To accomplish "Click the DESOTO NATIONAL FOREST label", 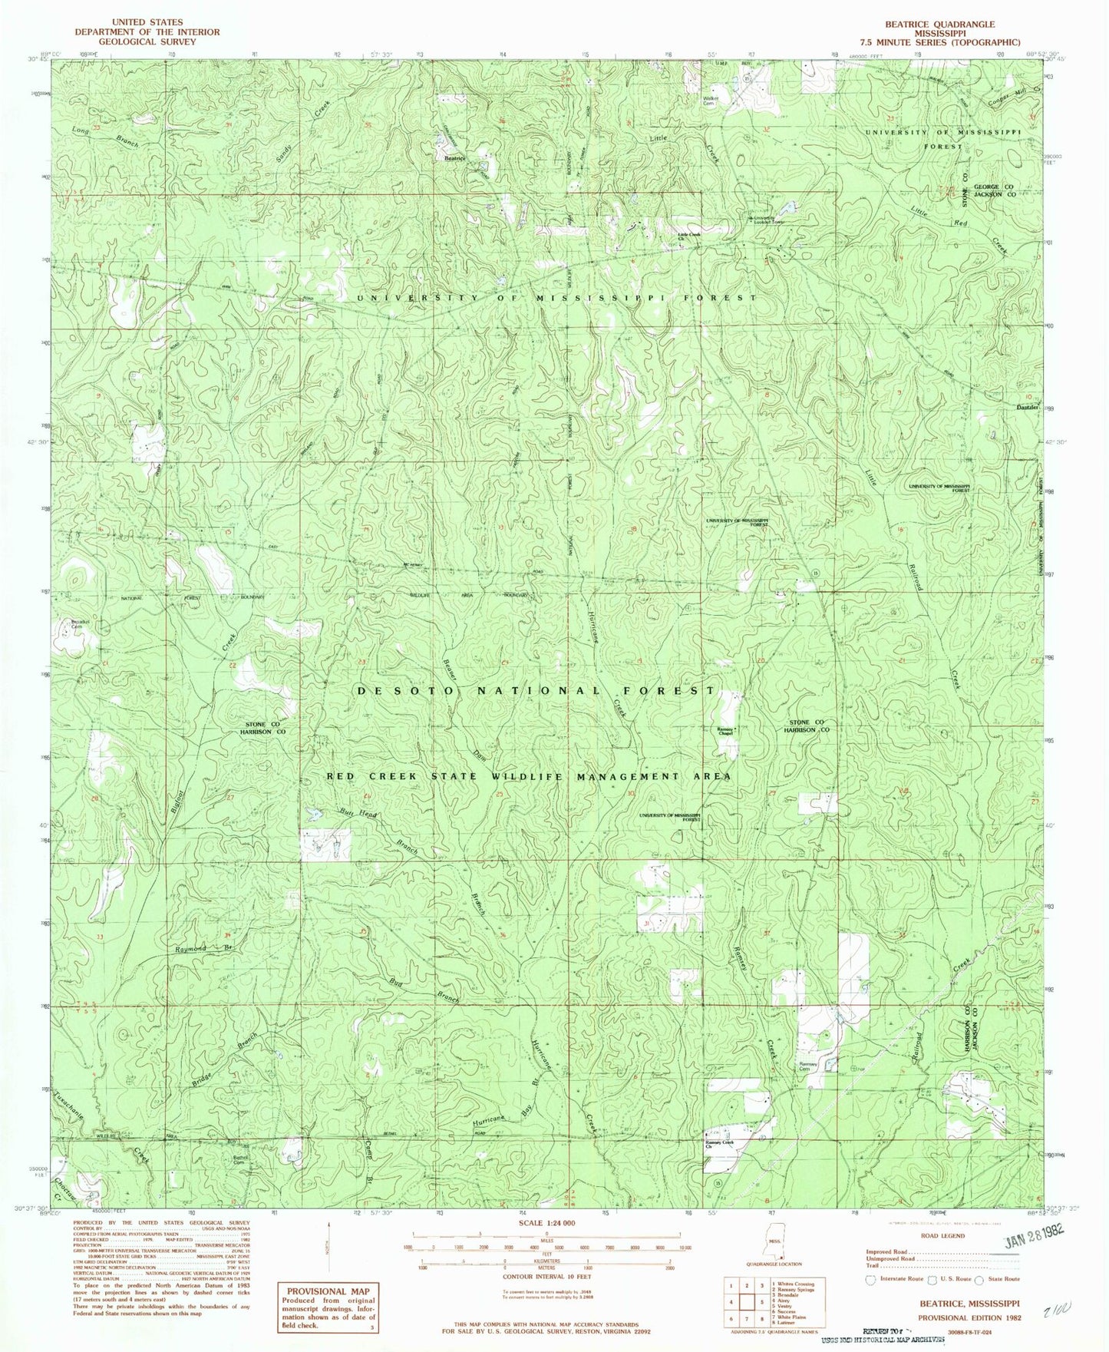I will pyautogui.click(x=535, y=691).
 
